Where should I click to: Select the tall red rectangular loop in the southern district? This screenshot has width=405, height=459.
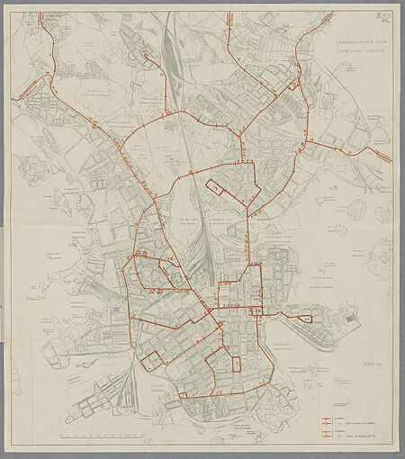[x=236, y=364]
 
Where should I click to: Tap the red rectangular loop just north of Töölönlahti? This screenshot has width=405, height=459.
[x=217, y=186]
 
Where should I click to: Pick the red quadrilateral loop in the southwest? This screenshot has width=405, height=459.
[x=154, y=360]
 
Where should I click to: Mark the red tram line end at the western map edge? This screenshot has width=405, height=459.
[x=13, y=97]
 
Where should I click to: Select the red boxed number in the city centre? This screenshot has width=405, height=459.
[x=257, y=310]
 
